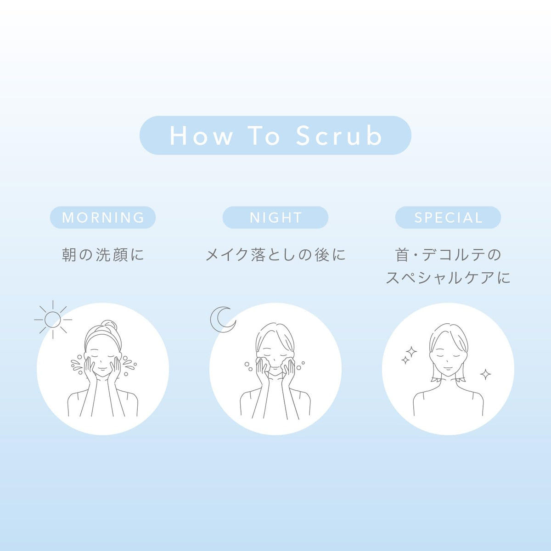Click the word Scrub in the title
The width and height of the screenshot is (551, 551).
pos(339,135)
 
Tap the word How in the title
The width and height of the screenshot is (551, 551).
pos(201,136)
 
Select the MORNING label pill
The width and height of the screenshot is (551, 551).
pos(103,217)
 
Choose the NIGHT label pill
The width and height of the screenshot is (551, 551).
pos(275,217)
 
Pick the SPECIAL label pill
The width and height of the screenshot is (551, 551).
pos(448,217)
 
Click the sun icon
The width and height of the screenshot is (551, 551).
pos(53,320)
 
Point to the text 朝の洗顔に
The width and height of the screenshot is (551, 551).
pos(103,255)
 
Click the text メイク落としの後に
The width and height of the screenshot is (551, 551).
pos(275,255)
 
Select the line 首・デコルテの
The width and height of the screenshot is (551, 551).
pos(448,255)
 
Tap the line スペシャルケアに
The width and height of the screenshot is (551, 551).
pos(448,278)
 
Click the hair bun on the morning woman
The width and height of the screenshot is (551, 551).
pos(110,326)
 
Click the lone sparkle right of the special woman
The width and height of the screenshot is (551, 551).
pos(485,374)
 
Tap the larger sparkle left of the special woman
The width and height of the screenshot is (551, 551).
pos(411,352)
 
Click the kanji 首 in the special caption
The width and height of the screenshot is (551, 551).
pos(402,255)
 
